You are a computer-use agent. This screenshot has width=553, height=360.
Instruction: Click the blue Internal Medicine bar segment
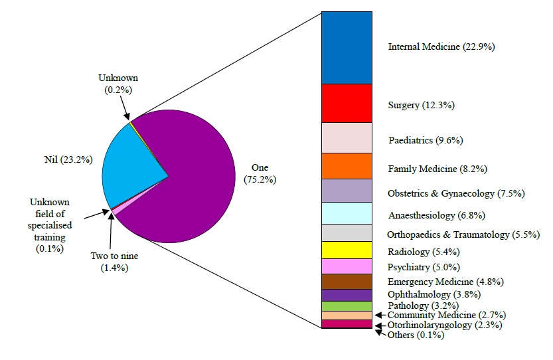[x=347, y=47]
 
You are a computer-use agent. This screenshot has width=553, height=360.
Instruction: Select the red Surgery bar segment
[x=347, y=103]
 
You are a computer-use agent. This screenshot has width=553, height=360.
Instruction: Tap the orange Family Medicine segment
[x=347, y=166]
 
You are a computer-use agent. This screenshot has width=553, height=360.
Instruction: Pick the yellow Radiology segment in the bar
[x=347, y=250]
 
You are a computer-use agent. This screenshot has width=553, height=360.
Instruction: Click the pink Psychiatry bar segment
[x=347, y=266]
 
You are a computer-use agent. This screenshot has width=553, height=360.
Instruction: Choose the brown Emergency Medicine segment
[x=347, y=282]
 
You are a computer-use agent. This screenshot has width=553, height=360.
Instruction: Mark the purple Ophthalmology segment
[x=347, y=295]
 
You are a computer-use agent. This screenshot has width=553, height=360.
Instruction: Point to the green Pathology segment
[x=347, y=306]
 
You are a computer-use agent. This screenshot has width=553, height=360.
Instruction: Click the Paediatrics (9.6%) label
[x=425, y=140]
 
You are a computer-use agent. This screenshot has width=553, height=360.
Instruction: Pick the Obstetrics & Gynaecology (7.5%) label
[x=447, y=193]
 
